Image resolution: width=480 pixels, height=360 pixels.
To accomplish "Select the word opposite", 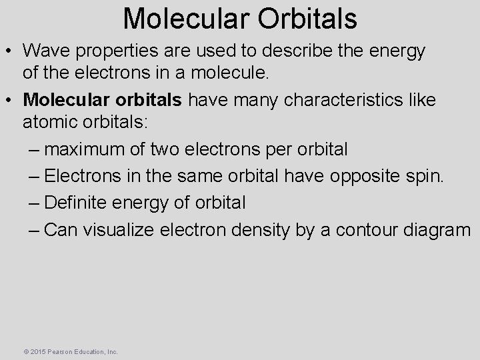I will (370, 175).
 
